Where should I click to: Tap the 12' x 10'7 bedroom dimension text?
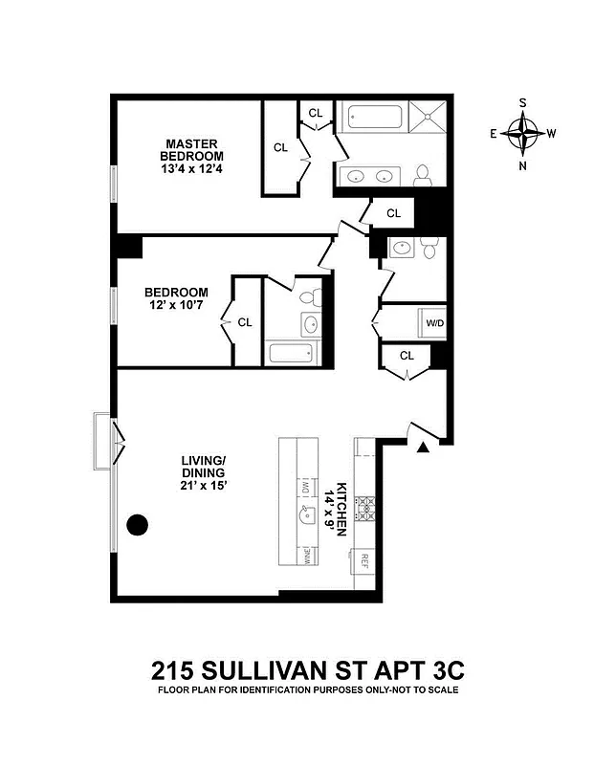[x=176, y=306]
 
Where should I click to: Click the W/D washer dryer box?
[x=435, y=322]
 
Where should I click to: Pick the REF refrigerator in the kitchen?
[x=363, y=561]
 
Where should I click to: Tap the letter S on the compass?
[x=523, y=103]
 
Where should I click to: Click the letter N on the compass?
[x=522, y=165]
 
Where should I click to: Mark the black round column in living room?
[x=139, y=524]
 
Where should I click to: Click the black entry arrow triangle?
[x=423, y=447]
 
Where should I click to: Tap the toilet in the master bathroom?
[x=423, y=174]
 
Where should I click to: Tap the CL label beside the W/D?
[x=407, y=356]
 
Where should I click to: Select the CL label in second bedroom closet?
[x=245, y=322]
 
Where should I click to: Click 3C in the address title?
[x=441, y=667]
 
